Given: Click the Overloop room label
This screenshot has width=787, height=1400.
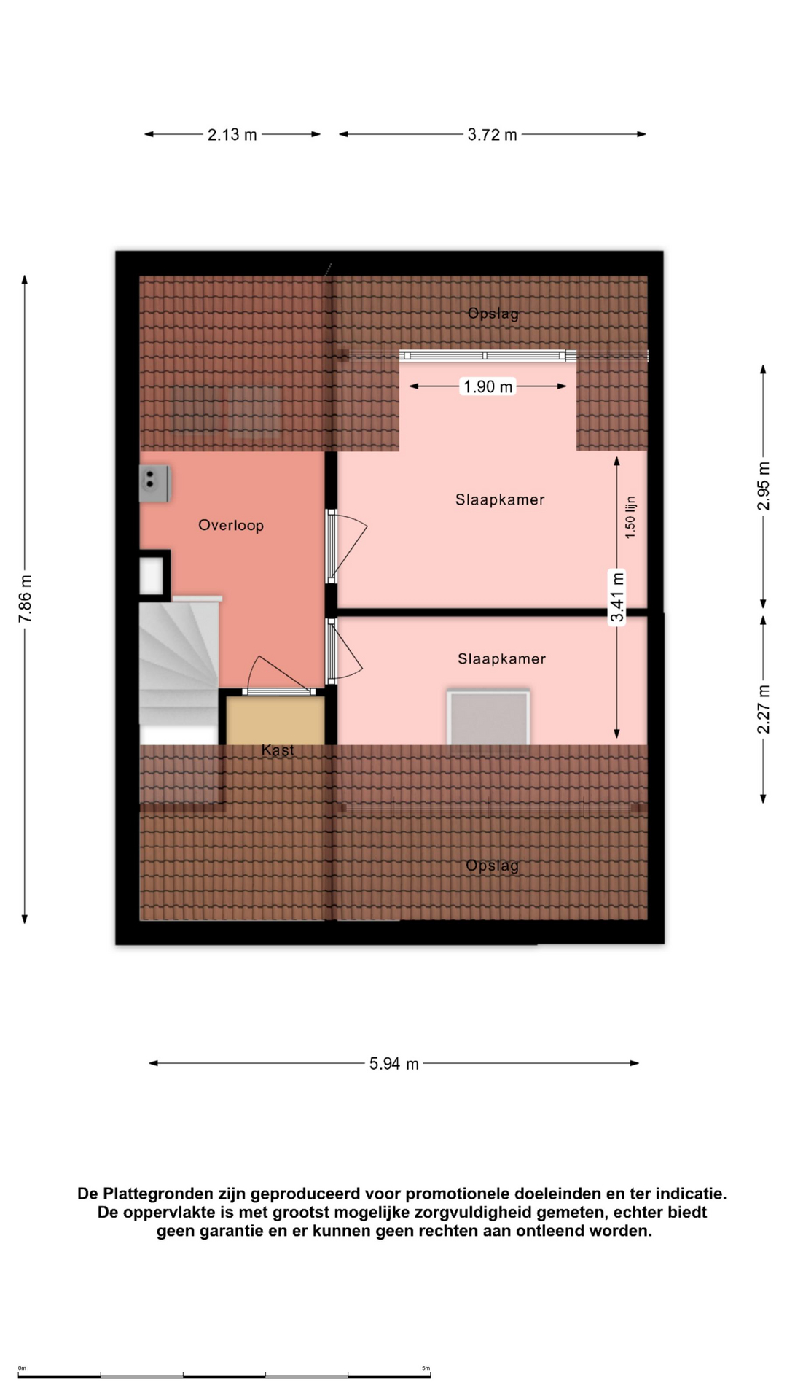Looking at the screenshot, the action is point(231,525).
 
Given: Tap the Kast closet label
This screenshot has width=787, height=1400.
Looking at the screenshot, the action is point(278,750).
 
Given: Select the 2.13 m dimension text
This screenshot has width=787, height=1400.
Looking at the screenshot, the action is point(232,135).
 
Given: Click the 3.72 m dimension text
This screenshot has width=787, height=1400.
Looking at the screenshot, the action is point(493,135).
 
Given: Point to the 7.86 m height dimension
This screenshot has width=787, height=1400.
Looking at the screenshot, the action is point(26,599).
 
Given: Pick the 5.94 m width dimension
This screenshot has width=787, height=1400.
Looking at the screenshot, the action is point(394,1064).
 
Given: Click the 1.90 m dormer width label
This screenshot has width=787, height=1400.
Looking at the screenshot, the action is point(488,386).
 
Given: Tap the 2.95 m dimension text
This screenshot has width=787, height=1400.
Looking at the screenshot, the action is point(764,486).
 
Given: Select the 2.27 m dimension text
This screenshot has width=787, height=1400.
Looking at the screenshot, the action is point(764,709).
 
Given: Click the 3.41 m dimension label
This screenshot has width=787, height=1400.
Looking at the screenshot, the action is point(617,598).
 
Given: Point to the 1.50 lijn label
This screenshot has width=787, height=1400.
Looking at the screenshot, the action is point(631,518).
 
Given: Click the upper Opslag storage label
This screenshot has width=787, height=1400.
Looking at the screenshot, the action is point(493,314).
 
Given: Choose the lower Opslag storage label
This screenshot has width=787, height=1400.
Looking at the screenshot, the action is point(493,866).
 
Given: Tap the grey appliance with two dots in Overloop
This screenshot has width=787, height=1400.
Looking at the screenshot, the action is point(154,483).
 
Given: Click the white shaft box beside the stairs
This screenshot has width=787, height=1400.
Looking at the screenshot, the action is point(152,576).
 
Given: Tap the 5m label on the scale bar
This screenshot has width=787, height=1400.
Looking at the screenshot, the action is point(426,1369).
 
